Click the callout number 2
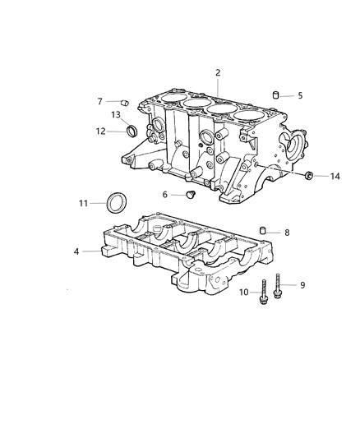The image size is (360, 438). click(218, 73)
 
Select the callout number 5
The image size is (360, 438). click(300, 95)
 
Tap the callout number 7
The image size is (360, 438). click(99, 101)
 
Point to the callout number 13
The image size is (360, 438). click(116, 114)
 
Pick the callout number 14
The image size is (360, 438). click(335, 176)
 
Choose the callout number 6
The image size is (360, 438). click(164, 195)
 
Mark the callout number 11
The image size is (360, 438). click(83, 202)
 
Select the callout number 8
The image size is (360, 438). click(286, 233)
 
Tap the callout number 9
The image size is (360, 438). click(302, 285)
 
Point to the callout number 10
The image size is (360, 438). click(244, 292)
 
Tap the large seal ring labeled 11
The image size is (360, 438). click(117, 201)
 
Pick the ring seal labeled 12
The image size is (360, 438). click(132, 129)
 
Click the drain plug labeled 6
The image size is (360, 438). click(189, 196)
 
